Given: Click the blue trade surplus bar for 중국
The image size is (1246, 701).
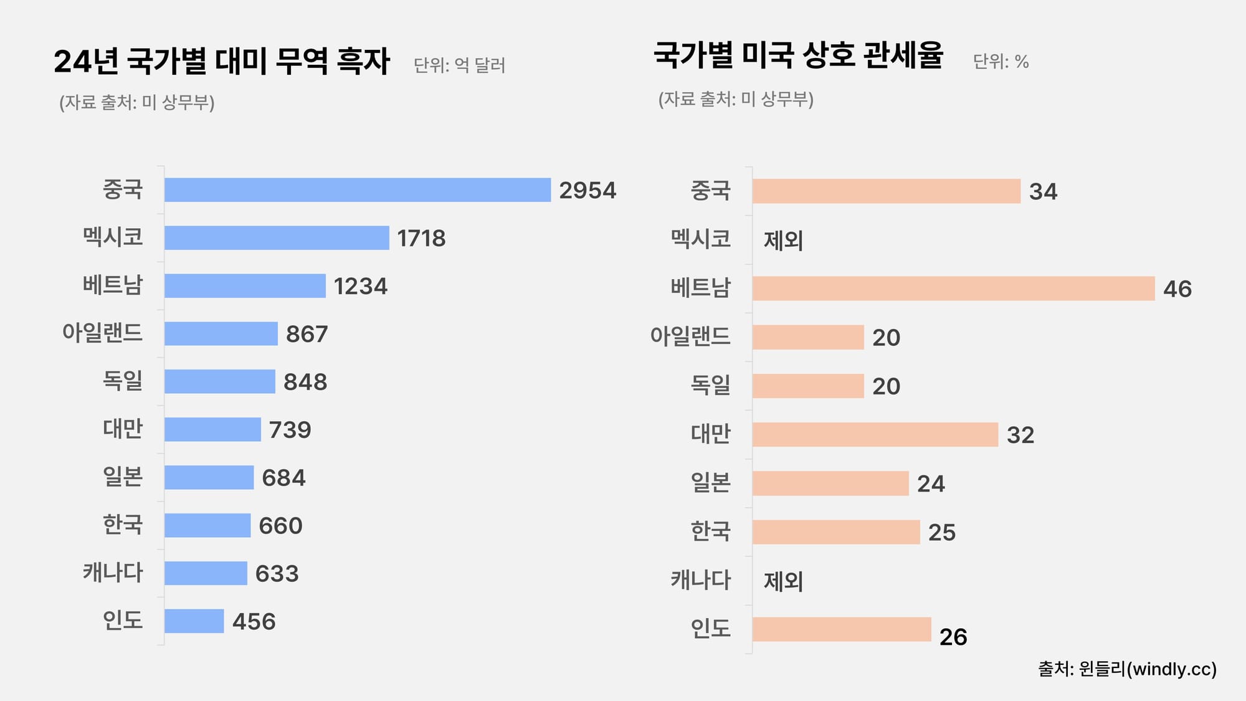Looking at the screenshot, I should pos(358,190).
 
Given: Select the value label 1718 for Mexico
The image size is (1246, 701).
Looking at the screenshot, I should pos(421,238).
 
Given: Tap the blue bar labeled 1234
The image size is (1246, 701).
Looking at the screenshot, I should pos(245,286).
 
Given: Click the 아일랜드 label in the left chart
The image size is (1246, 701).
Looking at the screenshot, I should pos(102,333).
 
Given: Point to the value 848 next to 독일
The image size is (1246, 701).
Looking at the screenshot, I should pos(305,382).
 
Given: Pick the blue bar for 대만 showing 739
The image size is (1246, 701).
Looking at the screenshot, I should pos(212,429).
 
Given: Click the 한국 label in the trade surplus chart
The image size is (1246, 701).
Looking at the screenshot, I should pos(123,525).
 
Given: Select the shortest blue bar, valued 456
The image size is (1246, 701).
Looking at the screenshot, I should pos(194,621).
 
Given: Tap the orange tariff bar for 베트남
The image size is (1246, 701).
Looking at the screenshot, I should pos(953,289).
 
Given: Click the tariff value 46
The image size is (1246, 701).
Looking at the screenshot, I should pos(1177,289).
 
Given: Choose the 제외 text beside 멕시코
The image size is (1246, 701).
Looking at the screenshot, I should pos(783,240).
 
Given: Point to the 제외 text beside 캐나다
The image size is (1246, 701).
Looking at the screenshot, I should pos(783,581).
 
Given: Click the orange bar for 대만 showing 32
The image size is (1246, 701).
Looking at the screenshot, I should pos(875,434).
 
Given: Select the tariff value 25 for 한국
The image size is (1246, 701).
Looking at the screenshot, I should pos(941,533).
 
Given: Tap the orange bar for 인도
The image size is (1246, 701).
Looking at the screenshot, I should pos(841,629).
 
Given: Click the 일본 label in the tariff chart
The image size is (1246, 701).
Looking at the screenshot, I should pos(710,482).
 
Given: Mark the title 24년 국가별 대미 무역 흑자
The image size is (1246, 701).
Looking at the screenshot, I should pos(222,61).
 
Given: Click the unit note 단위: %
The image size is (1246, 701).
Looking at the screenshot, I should pos(1001,62).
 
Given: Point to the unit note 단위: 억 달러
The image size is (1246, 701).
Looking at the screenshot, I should pos(459,65).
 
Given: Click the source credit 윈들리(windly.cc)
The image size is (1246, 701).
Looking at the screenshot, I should pos(1127,669).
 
